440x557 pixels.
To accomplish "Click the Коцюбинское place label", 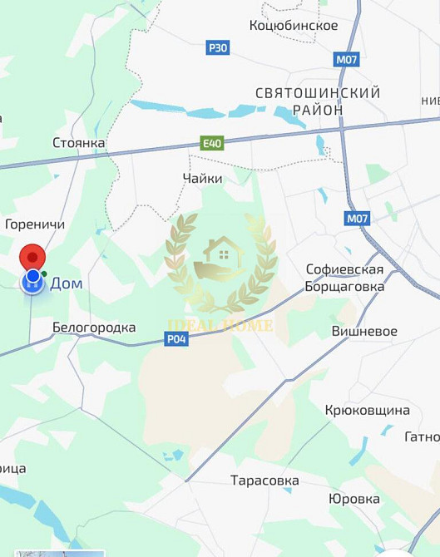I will pos(294,26).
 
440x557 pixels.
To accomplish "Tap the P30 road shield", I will pos(217,48).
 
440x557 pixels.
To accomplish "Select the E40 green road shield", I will pos(212,144).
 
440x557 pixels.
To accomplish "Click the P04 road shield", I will pos(176,338).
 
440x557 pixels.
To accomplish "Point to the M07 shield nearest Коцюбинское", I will pos(346,60).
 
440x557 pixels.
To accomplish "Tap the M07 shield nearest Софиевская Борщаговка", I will pos(357,219).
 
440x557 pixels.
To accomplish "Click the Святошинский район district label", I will pos(318,101).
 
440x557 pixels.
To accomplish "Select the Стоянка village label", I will pos(79,143).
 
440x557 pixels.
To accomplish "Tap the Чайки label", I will pos(203,178).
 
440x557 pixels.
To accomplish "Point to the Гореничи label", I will pos(35,224).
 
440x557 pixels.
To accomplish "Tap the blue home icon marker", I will pos(32,281).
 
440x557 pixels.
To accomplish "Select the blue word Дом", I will pos(67,283).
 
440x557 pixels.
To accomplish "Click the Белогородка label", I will pos(94,328).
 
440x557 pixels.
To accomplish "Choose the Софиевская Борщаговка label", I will pos(345,278).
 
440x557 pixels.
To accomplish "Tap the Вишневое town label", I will pos(364,331).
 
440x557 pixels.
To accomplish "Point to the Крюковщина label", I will pos(368,411).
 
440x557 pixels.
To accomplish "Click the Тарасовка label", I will pos(264,481).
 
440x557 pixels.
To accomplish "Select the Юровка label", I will pos(354,499).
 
